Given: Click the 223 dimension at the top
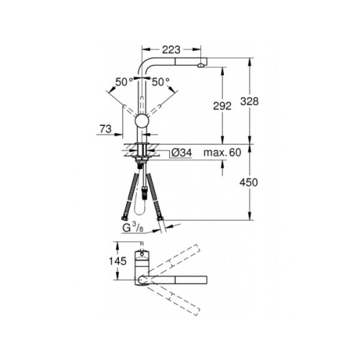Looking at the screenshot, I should coord(171,49).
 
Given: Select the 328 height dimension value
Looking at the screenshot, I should coord(268,102).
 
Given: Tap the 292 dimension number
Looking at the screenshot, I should coord(222,106).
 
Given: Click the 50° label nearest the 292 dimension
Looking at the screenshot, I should coord(161,82).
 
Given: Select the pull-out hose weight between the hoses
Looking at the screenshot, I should coord(148,192).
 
